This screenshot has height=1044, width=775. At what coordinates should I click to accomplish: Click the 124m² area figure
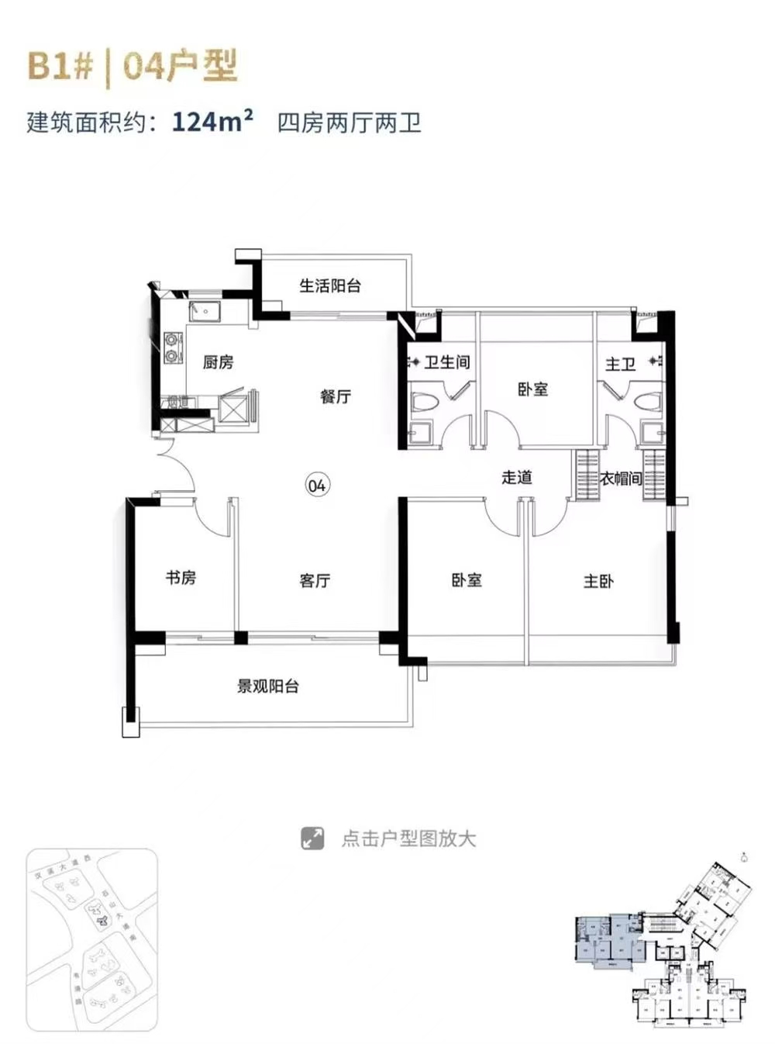[x=212, y=123]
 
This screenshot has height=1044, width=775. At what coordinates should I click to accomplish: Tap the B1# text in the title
[x=60, y=67]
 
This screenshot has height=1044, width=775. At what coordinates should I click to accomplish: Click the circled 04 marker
[x=317, y=486]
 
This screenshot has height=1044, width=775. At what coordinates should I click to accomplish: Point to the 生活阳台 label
[x=330, y=286]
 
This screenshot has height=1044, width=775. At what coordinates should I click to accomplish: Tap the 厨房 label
[x=218, y=362]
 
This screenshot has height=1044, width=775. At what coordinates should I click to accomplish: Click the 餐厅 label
[x=336, y=396]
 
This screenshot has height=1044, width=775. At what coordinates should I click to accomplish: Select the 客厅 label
[x=315, y=580]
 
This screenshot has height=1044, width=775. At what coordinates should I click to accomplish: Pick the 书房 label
[x=181, y=578]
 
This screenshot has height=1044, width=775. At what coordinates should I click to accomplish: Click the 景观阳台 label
[x=268, y=686]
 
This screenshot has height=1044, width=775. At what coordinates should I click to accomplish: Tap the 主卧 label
[x=598, y=580]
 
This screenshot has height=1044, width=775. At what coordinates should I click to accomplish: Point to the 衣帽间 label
[x=622, y=479]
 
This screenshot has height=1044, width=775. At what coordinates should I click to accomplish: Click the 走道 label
[x=517, y=478]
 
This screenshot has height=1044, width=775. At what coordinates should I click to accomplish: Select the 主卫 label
[x=620, y=364]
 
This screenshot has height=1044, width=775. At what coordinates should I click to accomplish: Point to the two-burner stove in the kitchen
[x=170, y=347]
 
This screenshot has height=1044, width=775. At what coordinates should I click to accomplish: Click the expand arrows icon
[x=312, y=838]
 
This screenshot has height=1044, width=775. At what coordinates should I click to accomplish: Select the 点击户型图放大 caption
[x=408, y=838]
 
